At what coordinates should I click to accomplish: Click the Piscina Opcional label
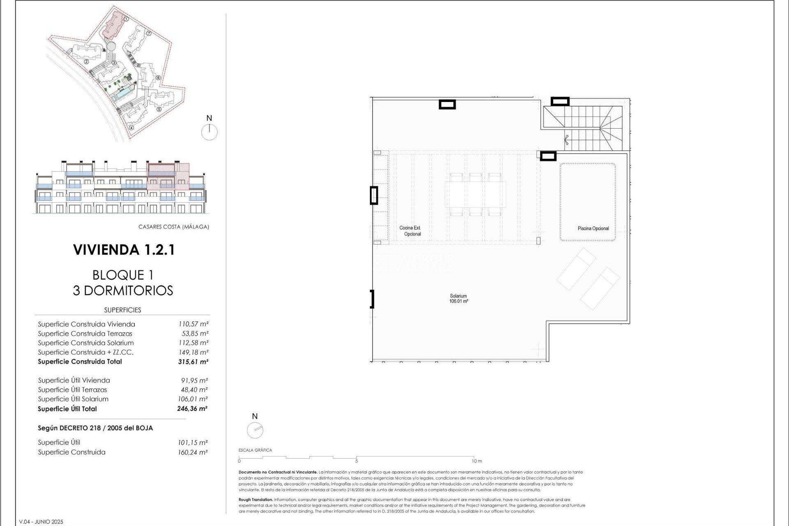point(593,228)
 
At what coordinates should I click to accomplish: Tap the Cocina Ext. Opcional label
point(410,231)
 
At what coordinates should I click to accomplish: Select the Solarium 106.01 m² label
point(458,299)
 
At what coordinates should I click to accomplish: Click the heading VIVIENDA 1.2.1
point(124,250)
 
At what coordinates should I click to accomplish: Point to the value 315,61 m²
point(193,362)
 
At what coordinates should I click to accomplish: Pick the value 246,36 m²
point(192,409)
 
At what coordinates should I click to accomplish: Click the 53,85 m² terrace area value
point(195,334)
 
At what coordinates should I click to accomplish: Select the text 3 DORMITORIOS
point(123,291)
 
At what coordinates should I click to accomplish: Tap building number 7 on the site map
point(149,34)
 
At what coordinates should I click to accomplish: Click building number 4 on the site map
point(131,127)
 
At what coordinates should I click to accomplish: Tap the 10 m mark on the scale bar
point(477,461)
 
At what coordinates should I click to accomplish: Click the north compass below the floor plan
point(255,430)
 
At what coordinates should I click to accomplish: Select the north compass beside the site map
point(209,132)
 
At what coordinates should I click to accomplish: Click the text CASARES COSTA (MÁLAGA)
point(173,227)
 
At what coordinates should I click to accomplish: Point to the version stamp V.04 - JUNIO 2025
point(41,522)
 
